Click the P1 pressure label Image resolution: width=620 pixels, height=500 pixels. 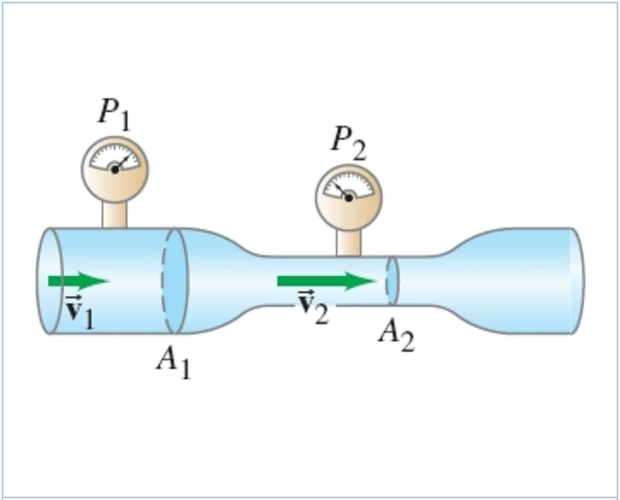pos(115,114)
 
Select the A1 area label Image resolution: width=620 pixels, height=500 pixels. pos(173,360)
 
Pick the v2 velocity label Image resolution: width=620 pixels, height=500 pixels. pos(312,307)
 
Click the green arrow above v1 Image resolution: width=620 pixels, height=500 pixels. pos(78,280)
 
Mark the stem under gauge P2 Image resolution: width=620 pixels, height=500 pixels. pos(348,241)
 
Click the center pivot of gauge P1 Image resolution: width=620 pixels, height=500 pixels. pos(115,170)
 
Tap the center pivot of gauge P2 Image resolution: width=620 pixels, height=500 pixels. pos(349,198)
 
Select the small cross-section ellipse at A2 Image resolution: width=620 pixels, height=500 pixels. pos(393,280)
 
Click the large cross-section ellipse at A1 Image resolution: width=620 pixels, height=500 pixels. pos(175,280)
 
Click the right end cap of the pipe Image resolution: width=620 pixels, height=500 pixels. pos(575,280)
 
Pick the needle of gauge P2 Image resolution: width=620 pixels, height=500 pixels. pos(340,191)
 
